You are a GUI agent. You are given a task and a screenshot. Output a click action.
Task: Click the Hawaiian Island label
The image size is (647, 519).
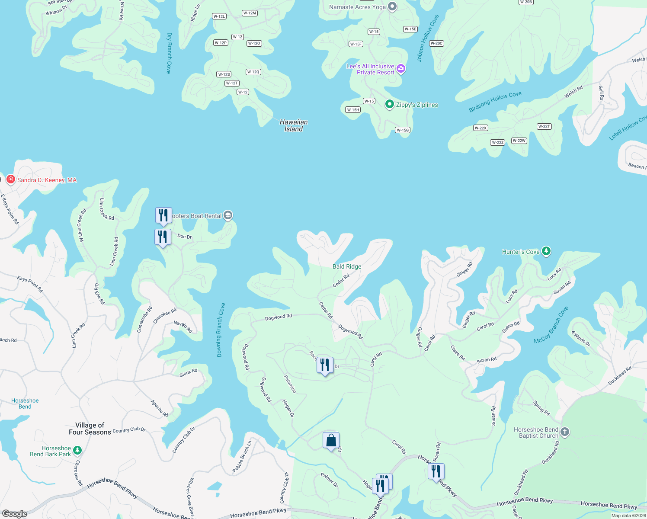tap(294, 125)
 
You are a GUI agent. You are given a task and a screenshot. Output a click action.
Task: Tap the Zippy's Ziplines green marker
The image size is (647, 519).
tap(390, 104)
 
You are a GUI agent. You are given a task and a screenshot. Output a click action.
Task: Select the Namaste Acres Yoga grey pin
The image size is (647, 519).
tap(392, 6)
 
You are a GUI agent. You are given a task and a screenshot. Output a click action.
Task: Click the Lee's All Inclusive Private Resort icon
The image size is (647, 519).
tap(401, 69)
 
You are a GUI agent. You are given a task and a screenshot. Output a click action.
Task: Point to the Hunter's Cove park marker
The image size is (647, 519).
tap(546, 251)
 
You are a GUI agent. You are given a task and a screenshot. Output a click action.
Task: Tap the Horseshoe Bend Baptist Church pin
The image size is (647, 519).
tap(565, 432)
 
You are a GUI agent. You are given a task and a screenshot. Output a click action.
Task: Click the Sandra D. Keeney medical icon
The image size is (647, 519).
tap(11, 179)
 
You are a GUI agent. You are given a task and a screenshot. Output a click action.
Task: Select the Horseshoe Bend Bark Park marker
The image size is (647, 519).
tap(77, 450)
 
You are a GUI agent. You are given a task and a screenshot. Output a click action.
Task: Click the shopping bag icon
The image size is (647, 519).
tap(331, 441)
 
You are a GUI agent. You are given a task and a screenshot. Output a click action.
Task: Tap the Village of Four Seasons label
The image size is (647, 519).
tap(90, 429)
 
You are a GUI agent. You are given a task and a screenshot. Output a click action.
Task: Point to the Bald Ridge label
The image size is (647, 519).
tap(347, 266)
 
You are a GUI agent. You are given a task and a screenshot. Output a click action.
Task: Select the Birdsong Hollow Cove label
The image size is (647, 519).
tap(495, 102)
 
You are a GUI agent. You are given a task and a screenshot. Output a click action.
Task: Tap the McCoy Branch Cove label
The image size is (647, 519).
tap(551, 325)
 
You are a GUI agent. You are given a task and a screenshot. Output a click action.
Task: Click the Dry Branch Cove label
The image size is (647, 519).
tap(169, 53)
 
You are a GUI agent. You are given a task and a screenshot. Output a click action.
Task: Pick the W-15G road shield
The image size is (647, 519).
tap(403, 130)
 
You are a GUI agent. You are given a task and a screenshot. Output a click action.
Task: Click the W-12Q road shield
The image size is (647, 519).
tap(253, 72)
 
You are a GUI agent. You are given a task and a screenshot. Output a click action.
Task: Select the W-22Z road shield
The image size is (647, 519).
tap(498, 142)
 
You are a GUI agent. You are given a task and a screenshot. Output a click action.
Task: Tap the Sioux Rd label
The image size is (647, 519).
tap(189, 372)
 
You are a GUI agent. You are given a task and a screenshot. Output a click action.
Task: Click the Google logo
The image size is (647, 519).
tap(15, 513)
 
